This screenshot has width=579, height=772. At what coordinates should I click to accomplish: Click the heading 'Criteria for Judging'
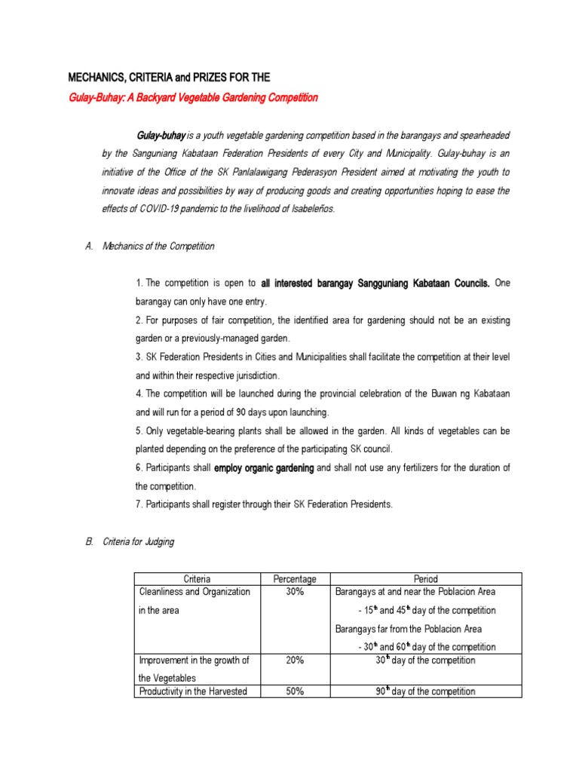point(139,542)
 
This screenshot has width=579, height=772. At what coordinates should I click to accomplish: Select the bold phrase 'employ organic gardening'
point(264,468)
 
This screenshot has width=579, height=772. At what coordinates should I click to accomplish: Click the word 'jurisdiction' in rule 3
point(251,375)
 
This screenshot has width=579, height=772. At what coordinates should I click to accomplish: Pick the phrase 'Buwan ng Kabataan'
point(472,394)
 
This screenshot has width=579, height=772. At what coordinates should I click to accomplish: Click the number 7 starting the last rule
point(139,504)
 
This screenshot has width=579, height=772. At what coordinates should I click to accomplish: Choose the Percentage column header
point(294,579)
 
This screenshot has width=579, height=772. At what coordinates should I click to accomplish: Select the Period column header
point(425,579)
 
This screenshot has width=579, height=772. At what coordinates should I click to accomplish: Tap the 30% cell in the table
point(294,592)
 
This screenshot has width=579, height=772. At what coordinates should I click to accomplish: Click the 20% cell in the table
point(294,660)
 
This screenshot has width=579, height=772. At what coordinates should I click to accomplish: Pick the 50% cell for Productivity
point(294,691)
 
